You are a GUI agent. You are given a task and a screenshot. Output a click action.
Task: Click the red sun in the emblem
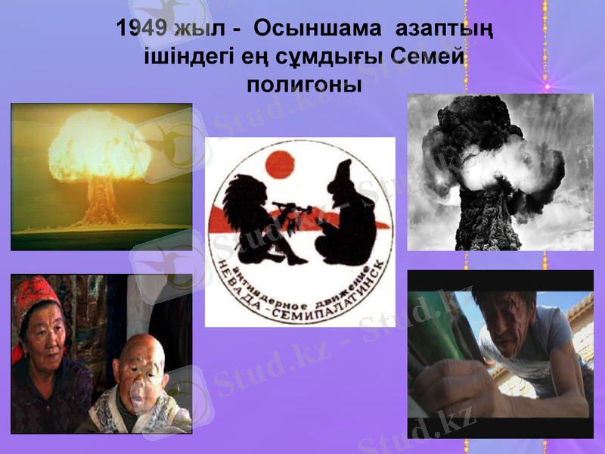click(279, 163)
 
